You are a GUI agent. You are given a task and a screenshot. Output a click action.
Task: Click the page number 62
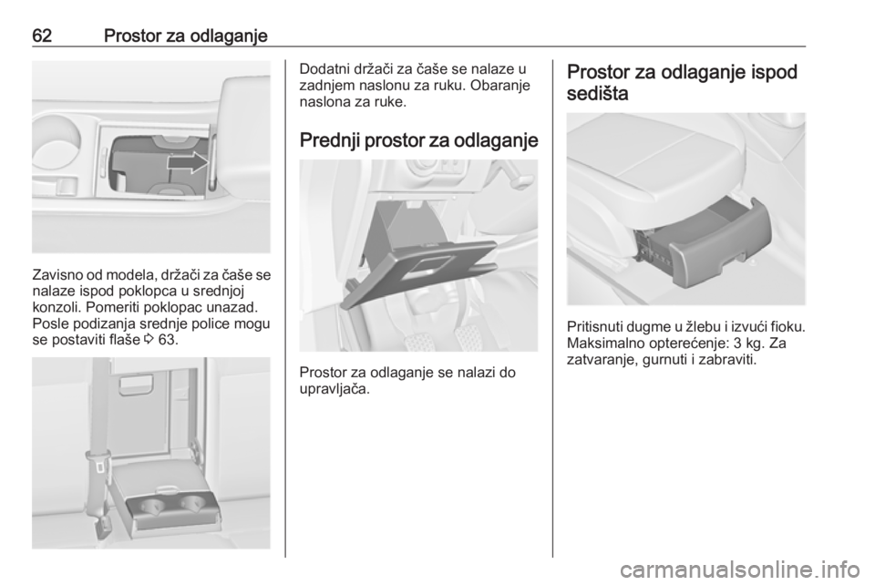click(42, 36)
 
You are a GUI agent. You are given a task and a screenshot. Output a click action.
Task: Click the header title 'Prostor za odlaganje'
click(186, 36)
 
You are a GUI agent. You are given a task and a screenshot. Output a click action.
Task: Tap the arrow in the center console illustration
click(188, 162)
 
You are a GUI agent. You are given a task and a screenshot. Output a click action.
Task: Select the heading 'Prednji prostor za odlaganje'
click(419, 140)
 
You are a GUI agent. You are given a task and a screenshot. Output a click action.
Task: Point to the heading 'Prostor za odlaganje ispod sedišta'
click(682, 83)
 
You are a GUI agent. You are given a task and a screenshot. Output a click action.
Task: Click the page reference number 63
click(168, 339)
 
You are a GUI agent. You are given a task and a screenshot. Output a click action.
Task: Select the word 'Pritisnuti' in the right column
click(594, 326)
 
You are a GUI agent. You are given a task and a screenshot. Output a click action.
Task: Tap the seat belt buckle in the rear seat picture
click(99, 465)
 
